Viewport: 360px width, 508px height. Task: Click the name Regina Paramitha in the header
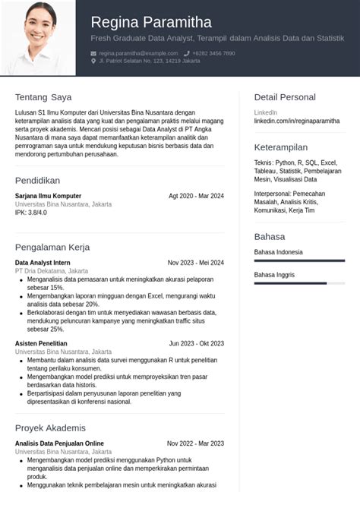pos(151,22)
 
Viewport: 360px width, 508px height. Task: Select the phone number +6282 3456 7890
pos(213,53)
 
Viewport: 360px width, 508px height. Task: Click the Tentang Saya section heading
pos(43,97)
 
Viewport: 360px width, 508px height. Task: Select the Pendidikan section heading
pos(37,181)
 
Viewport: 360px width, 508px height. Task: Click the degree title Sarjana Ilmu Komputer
pos(48,196)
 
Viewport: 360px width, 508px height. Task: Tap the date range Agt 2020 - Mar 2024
pos(196,196)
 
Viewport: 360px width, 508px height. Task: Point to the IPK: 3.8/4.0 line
pos(31,213)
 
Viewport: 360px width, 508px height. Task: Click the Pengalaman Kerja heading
pos(52,247)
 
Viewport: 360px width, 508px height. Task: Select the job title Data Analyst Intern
pos(43,263)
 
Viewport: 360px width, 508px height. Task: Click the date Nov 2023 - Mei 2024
pos(196,263)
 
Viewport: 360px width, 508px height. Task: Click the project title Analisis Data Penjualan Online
pos(59,443)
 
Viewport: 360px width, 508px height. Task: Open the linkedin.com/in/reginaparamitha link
pos(297,121)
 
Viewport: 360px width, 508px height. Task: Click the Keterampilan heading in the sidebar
pos(281,147)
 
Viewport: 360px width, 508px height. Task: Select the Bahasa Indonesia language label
pos(278,252)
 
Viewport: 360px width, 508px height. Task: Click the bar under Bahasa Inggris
pos(299,283)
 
